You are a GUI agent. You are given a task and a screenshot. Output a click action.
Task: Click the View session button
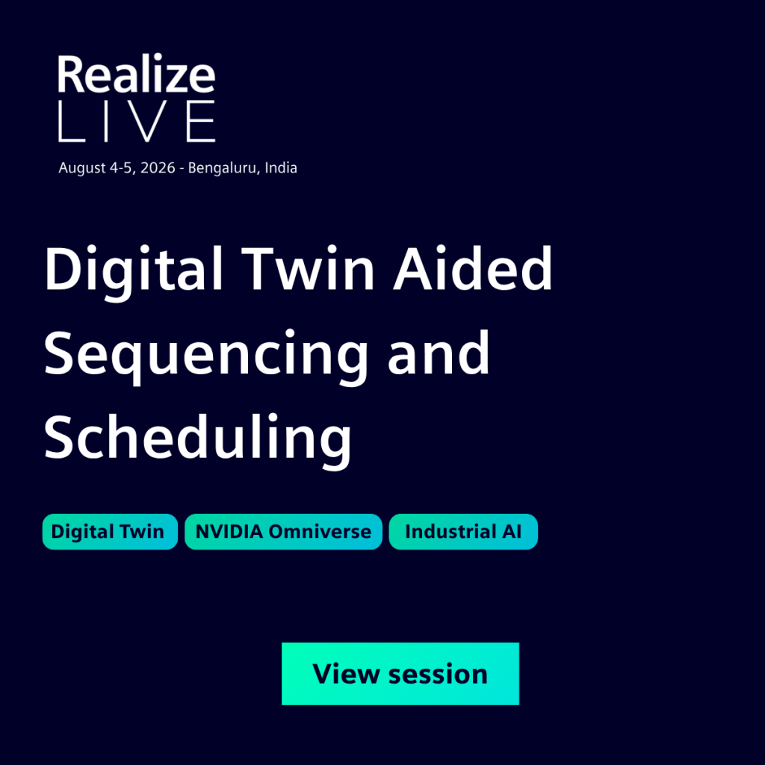coord(400,673)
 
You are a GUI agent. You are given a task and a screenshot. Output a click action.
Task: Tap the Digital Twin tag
coord(110,531)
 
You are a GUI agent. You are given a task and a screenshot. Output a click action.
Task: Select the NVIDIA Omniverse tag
coord(283,531)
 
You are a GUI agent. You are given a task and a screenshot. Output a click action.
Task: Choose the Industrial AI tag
coord(463,531)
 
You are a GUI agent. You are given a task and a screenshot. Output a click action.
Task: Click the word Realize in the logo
coord(136,74)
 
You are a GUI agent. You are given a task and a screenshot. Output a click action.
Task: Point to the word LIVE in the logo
coord(137,122)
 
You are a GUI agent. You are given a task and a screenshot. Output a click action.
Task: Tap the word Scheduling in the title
coord(197,438)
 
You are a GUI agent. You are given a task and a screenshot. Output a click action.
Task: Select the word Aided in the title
coord(473,268)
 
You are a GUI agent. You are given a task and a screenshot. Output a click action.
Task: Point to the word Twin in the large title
coord(308,268)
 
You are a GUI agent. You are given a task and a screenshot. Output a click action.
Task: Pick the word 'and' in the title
coord(439,353)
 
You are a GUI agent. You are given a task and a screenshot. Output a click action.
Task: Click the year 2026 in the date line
coord(158,168)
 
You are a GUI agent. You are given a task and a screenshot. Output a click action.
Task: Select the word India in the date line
coord(281,167)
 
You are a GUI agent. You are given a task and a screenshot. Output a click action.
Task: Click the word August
coord(82,169)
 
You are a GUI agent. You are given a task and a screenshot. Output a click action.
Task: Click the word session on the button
coord(438,675)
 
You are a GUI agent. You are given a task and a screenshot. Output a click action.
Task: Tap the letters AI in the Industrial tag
coord(512,531)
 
